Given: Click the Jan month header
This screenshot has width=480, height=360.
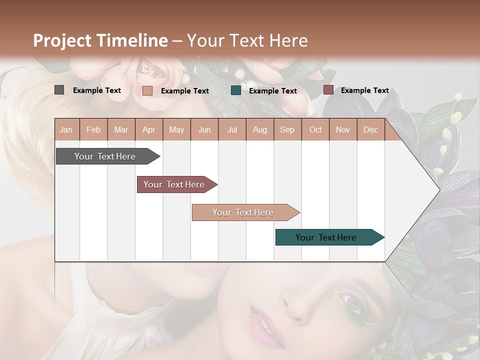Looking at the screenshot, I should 66,130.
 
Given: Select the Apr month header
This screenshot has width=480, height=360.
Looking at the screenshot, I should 149,130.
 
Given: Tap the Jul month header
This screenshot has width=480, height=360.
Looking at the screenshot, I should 232,130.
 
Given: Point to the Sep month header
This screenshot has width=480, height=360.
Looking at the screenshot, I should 287,130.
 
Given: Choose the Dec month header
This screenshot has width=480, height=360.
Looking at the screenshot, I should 370,130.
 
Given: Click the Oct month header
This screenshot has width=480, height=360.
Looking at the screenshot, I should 315,130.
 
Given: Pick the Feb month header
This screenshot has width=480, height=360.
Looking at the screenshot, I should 93,130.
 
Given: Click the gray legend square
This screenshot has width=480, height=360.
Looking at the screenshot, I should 59,90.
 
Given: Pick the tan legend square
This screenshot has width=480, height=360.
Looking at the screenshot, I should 147,90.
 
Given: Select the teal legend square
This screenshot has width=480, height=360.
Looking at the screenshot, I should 235,90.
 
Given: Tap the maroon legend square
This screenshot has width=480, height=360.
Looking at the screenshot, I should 328,90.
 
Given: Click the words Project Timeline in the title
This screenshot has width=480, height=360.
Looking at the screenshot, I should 100,40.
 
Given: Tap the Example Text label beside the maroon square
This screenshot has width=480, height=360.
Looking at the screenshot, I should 364,90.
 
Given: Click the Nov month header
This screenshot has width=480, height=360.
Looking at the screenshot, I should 343,130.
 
